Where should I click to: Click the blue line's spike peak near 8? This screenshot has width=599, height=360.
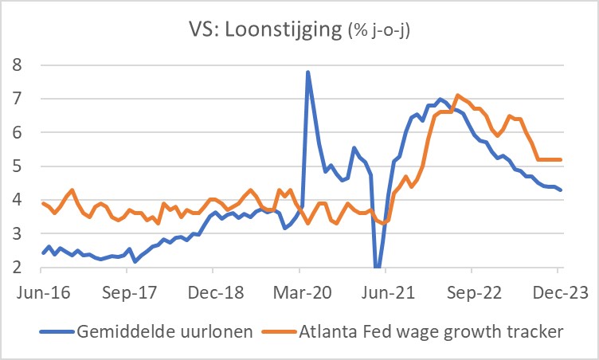coord(307,72)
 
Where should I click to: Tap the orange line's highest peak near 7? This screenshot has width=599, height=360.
coord(457,96)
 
